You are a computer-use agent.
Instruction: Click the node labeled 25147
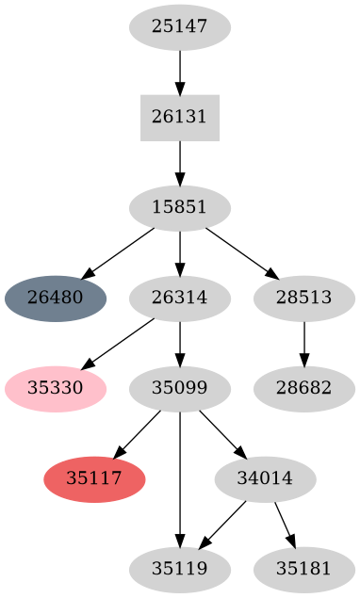click(x=180, y=27)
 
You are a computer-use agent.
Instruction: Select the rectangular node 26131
click(x=180, y=118)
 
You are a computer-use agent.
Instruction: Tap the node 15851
click(x=180, y=208)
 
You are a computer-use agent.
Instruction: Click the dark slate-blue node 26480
click(x=56, y=299)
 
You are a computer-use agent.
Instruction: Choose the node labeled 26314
click(x=180, y=299)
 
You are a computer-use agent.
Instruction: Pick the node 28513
click(x=304, y=299)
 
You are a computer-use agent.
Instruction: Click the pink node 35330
click(x=56, y=388)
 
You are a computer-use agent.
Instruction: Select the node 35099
click(x=180, y=388)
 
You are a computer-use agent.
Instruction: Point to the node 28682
click(x=304, y=388)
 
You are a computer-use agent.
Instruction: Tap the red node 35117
click(x=94, y=478)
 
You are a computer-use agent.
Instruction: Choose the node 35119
click(x=180, y=569)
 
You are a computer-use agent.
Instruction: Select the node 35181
click(x=304, y=569)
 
